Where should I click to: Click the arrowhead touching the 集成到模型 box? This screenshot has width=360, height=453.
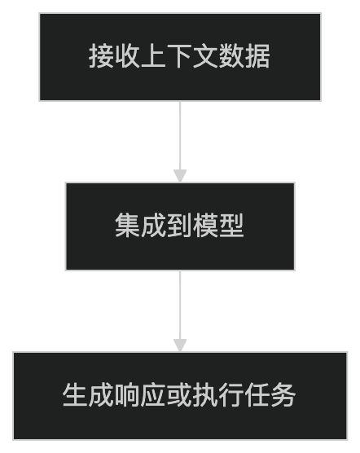point(180,175)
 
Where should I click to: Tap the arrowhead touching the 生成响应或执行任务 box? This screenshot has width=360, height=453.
point(180,345)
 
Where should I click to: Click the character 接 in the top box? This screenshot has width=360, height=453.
point(102,57)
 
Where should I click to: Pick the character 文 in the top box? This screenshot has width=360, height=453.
point(206,57)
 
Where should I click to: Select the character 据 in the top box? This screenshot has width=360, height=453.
point(258,57)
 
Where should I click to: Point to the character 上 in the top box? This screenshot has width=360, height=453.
point(154,57)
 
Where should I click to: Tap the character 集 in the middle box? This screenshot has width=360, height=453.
point(128,226)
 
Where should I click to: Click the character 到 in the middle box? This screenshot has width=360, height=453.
point(180,226)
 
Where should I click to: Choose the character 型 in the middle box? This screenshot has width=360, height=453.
point(232,226)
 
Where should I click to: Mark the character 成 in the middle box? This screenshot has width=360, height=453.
point(154,226)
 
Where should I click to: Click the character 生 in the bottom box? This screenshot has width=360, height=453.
point(76,396)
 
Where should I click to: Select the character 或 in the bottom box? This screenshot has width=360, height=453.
point(180,396)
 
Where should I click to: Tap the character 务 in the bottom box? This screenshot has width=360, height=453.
point(284,396)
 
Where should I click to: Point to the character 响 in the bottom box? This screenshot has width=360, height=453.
point(128,396)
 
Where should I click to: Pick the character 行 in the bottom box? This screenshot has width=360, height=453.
point(232,396)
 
